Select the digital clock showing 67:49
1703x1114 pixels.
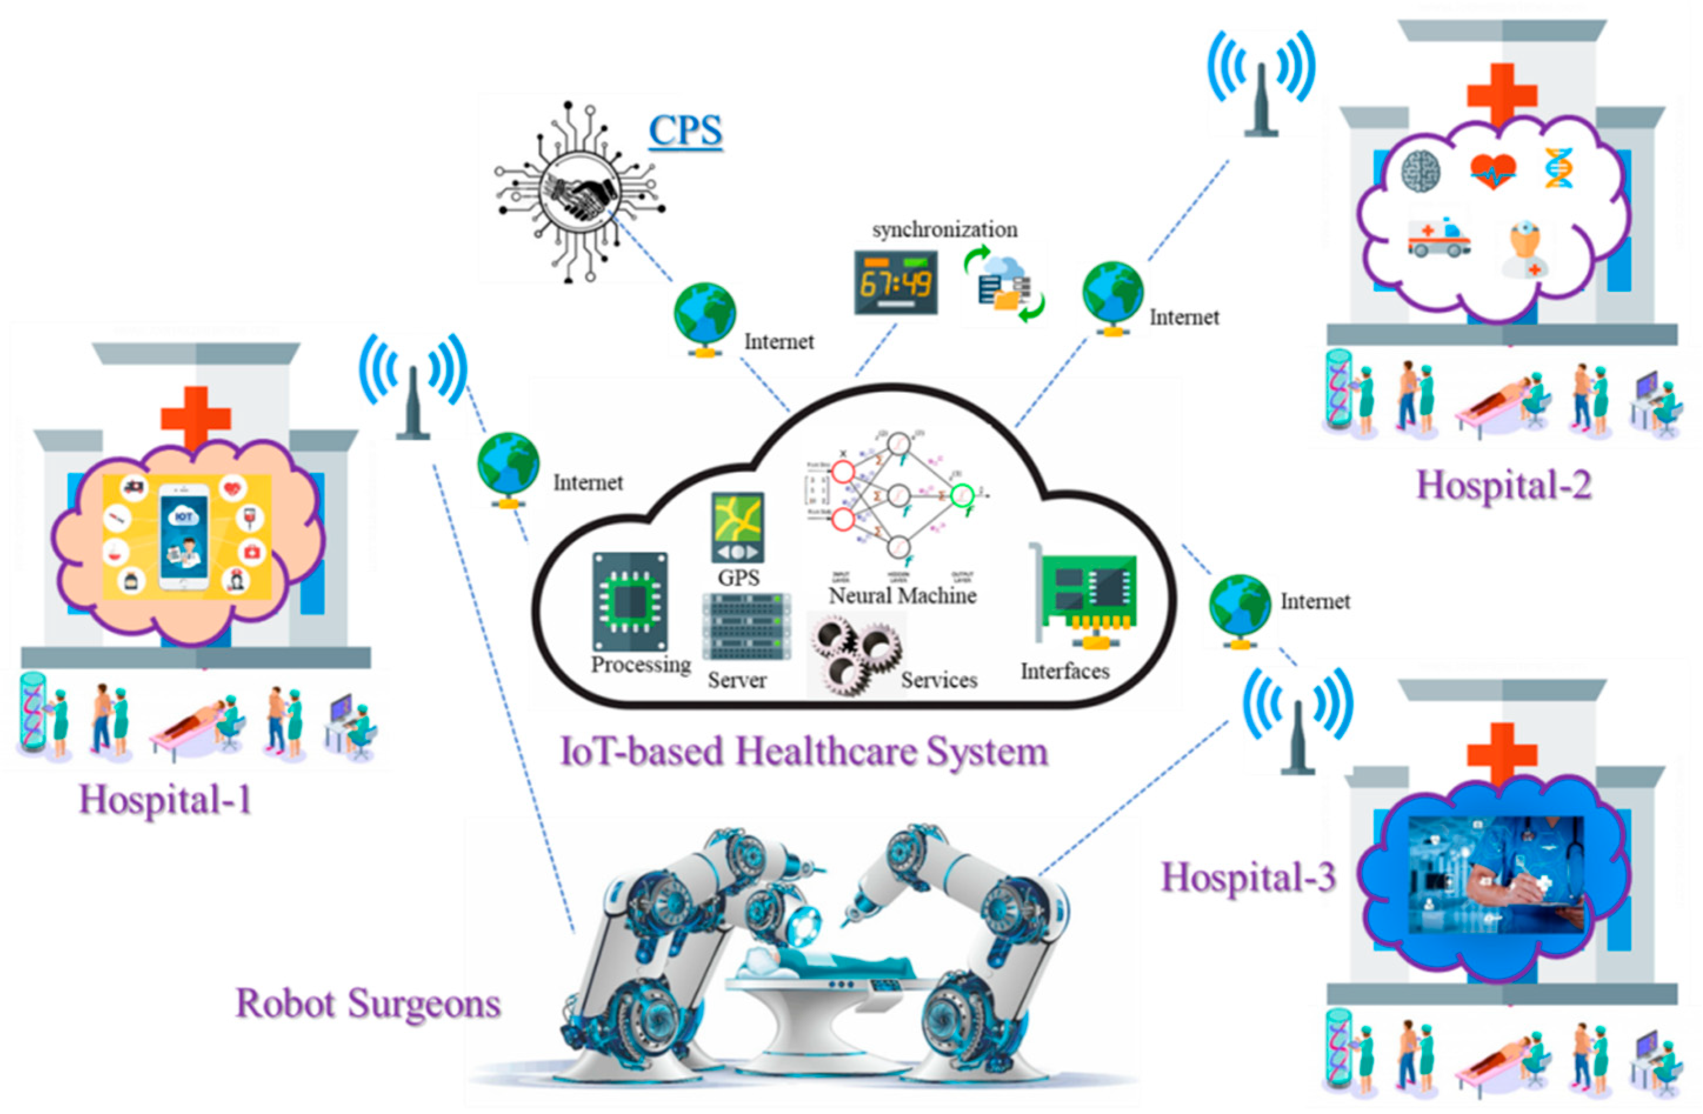(x=895, y=282)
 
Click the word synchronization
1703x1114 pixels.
(x=944, y=229)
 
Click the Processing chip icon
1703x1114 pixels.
(x=630, y=601)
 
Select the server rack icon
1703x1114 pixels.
(x=746, y=628)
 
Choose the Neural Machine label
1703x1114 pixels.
(x=902, y=596)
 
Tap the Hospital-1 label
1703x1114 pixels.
(x=165, y=799)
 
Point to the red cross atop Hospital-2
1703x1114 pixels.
(x=1502, y=95)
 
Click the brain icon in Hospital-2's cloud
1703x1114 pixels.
(x=1420, y=171)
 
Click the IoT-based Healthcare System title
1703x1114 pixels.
(x=803, y=752)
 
